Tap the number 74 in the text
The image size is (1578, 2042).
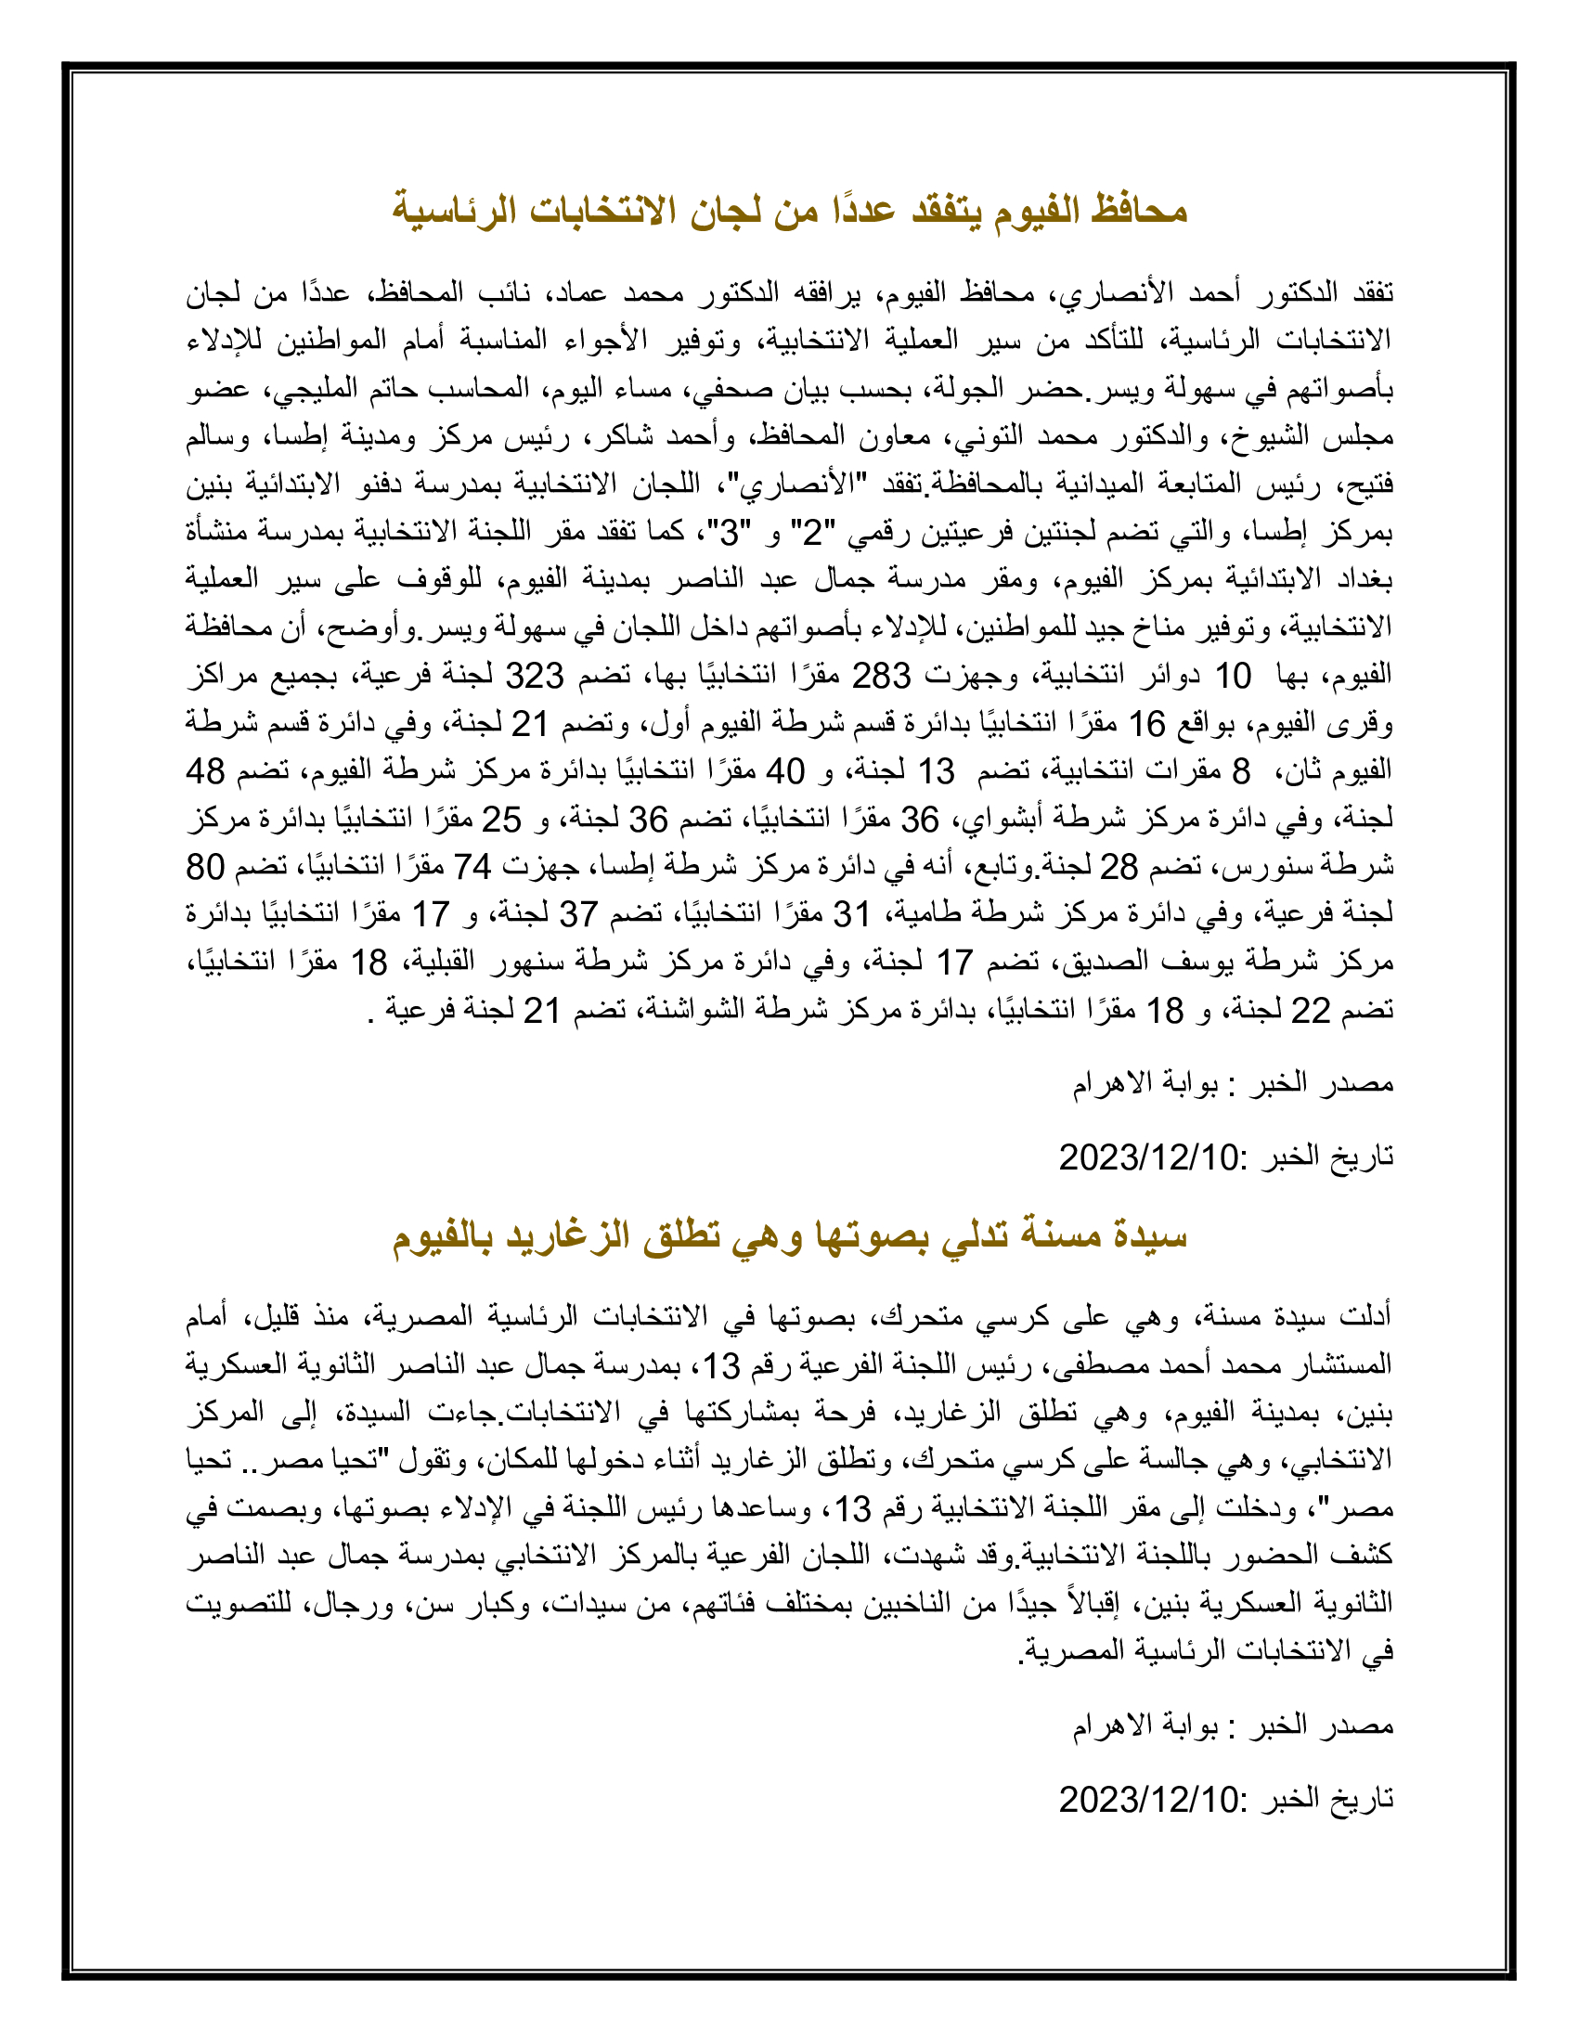point(473,867)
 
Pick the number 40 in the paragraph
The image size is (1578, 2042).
point(785,771)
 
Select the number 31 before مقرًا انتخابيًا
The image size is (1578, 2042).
point(851,914)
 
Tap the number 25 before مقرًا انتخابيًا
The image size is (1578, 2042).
point(501,819)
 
